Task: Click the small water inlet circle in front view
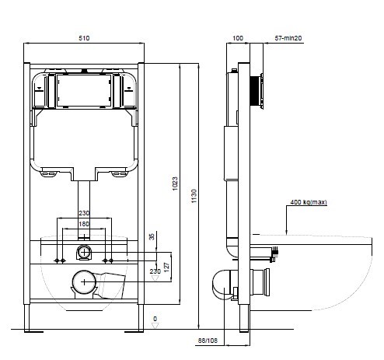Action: (x=84, y=253)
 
